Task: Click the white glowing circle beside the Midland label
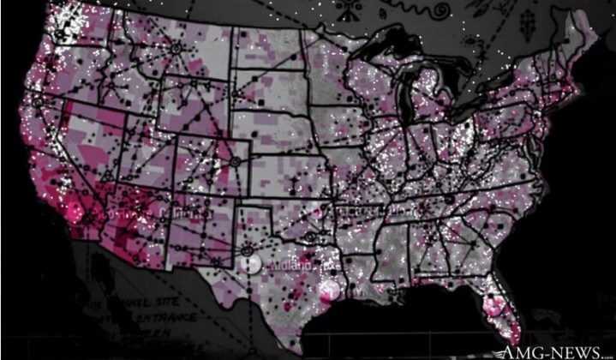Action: [x=249, y=264]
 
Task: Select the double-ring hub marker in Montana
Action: [x=176, y=49]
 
